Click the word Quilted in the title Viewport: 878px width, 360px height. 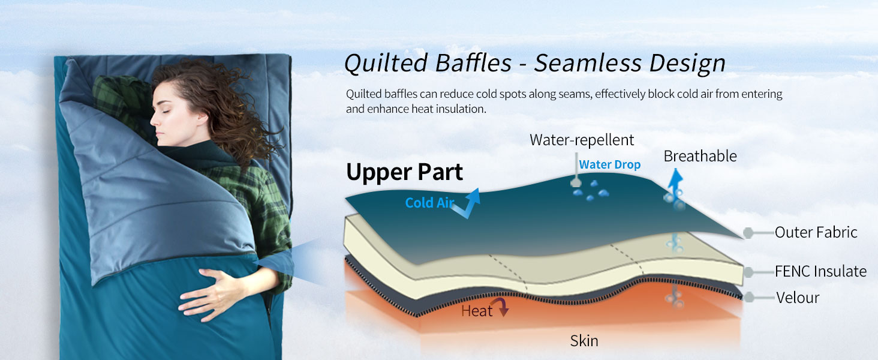tap(386, 63)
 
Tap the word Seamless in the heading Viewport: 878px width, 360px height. tap(588, 63)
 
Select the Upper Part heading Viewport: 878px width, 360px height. tap(404, 172)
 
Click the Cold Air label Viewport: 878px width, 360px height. tap(429, 203)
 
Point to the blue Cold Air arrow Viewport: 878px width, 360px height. tap(468, 204)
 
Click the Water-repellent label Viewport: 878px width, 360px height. tap(582, 140)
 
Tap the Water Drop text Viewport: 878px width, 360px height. tap(609, 164)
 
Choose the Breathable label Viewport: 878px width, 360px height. tap(700, 156)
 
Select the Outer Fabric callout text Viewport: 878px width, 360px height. tap(816, 232)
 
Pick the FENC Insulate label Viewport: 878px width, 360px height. tap(820, 271)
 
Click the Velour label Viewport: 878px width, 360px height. tap(798, 298)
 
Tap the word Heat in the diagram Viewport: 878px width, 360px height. tap(477, 311)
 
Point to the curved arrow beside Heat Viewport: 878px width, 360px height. tap(500, 306)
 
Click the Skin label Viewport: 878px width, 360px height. tap(584, 341)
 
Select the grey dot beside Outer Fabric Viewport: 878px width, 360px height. tap(748, 233)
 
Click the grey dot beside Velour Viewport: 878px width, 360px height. tap(749, 297)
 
